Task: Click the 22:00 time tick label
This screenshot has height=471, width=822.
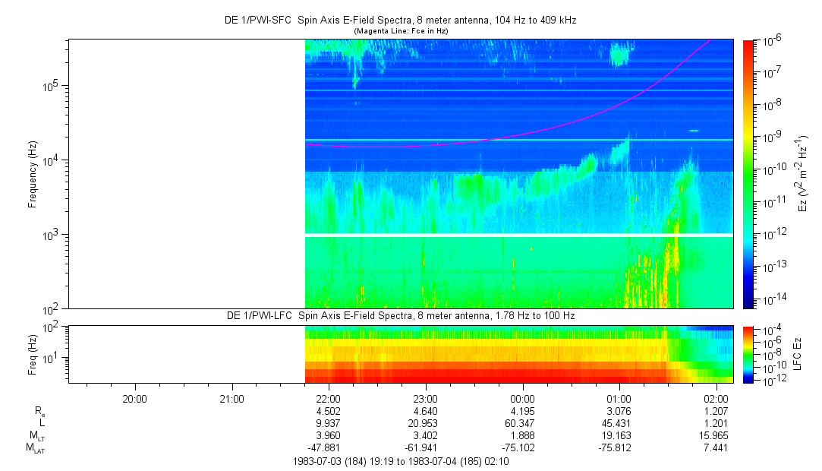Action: coord(328,398)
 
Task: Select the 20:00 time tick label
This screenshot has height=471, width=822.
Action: coord(134,398)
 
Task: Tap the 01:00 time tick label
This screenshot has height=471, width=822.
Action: coord(619,398)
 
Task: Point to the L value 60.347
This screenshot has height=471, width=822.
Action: coord(522,423)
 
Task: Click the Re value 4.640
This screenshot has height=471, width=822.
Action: coord(425,411)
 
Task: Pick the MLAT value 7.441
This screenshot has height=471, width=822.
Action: coord(716,448)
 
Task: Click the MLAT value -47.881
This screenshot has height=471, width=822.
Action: coord(328,448)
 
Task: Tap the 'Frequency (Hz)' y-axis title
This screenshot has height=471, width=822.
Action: coord(33,174)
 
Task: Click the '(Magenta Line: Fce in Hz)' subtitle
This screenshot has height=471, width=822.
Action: coord(401,31)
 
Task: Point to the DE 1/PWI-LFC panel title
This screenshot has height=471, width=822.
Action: coord(401,315)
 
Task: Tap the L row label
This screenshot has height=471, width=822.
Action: coord(40,423)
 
